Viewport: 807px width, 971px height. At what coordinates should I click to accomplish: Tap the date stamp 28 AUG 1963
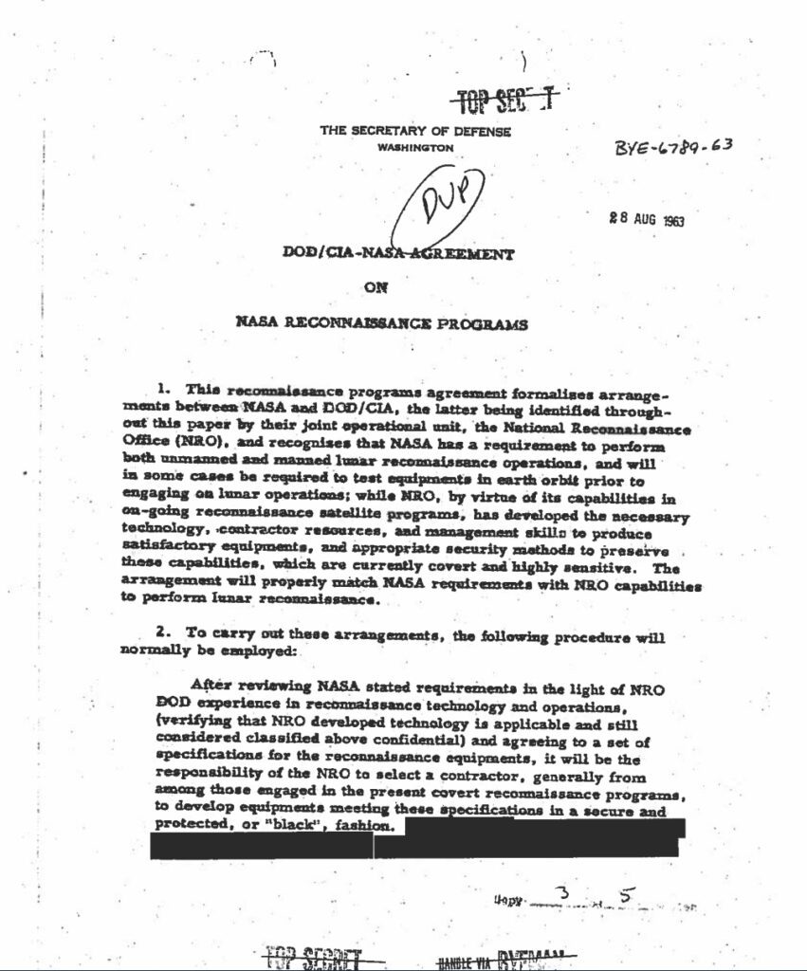[647, 220]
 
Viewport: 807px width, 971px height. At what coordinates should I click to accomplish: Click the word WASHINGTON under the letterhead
[415, 148]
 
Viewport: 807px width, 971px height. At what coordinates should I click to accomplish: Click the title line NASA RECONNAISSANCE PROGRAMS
[380, 323]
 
